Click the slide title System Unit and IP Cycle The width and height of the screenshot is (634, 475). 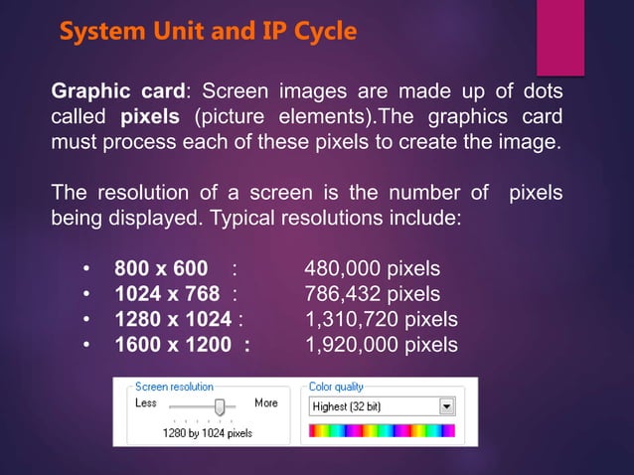(x=208, y=32)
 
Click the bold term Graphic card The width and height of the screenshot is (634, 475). (x=117, y=92)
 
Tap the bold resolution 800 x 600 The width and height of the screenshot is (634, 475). (x=161, y=269)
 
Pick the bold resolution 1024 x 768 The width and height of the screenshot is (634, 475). (x=168, y=294)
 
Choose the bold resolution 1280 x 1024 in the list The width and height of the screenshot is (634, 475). (x=174, y=319)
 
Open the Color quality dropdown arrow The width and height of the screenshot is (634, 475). (x=446, y=406)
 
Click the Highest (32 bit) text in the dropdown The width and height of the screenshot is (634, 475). (x=347, y=406)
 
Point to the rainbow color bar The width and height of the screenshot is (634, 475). (x=382, y=431)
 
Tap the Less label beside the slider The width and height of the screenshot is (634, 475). (x=146, y=402)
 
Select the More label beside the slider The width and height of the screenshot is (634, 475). (x=266, y=402)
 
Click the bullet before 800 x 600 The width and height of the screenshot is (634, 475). (x=86, y=269)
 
